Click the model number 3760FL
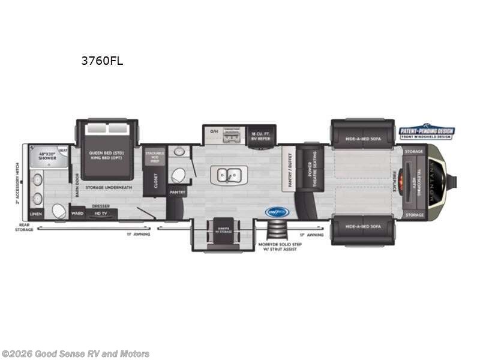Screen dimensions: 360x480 (102, 61)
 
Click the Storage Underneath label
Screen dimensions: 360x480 (108, 188)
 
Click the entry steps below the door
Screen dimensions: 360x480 (278, 230)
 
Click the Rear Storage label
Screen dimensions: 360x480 (24, 228)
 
